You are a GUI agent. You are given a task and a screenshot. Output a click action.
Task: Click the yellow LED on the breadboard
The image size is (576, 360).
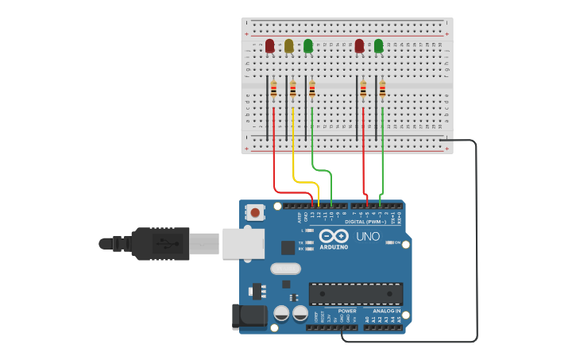(288, 46)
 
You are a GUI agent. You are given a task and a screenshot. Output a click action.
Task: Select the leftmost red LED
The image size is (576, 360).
(269, 46)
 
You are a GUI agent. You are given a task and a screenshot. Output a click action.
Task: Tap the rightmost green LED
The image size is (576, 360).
(378, 46)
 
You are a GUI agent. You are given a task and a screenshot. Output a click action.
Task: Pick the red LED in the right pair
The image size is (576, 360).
(359, 46)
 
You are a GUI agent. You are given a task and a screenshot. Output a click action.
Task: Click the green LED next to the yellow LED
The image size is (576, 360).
(308, 46)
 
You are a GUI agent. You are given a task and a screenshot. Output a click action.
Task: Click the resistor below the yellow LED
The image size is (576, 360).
(292, 90)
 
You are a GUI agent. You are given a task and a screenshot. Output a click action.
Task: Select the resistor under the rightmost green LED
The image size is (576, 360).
(382, 90)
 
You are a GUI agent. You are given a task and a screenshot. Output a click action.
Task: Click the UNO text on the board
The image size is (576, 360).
(367, 237)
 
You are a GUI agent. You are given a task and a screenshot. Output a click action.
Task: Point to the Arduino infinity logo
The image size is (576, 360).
(334, 235)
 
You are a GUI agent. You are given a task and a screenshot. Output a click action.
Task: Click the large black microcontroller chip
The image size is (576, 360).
(355, 293)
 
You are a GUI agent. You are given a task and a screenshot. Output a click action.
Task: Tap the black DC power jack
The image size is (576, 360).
(248, 316)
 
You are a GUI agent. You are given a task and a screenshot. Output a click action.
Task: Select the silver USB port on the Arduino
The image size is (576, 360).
(243, 243)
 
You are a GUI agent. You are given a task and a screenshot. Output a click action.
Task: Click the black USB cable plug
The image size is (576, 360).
(159, 243)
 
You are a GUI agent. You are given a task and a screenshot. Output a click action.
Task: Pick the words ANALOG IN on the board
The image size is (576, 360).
(387, 311)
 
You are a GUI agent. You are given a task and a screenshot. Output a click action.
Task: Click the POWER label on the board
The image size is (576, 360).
(347, 311)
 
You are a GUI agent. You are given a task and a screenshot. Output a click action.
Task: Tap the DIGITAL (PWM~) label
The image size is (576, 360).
(365, 222)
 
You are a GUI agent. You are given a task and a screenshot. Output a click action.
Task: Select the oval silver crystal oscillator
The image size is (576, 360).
(285, 269)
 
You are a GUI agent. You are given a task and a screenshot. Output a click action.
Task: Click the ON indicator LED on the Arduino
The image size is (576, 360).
(390, 242)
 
